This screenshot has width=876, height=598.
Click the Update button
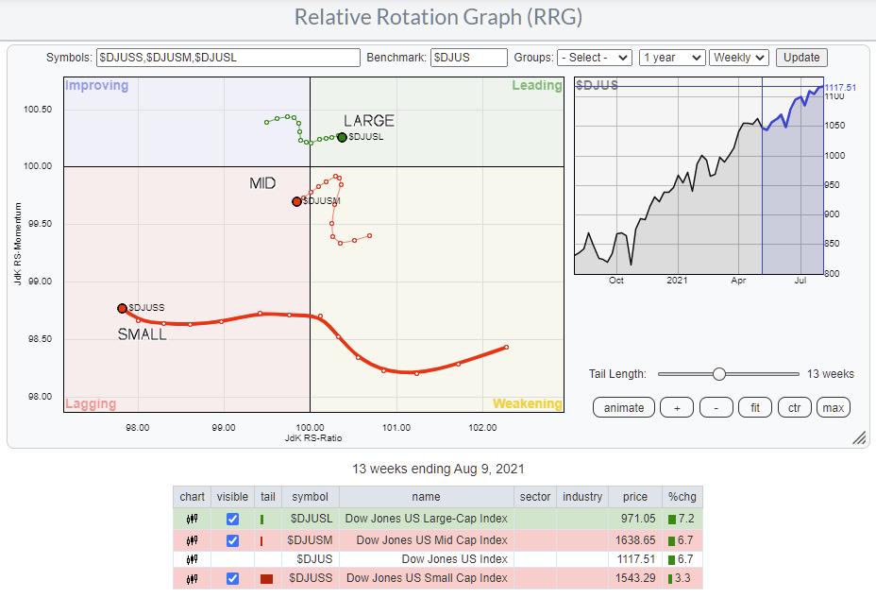point(801,58)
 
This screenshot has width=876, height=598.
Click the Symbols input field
point(228,58)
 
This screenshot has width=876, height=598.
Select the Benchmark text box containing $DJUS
point(469,58)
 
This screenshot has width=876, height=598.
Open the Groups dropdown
point(594,58)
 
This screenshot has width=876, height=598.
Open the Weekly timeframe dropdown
point(739,58)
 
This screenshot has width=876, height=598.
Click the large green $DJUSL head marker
point(342,137)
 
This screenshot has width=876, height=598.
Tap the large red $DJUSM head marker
point(296,201)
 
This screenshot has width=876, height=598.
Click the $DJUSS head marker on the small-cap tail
point(122,308)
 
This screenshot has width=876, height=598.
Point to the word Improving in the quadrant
point(96,86)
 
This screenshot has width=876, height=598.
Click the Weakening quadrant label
point(527,403)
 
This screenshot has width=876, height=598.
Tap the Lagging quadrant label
point(91,403)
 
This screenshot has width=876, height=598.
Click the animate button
point(624,407)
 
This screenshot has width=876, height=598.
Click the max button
point(834,407)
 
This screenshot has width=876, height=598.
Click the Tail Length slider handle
point(718,374)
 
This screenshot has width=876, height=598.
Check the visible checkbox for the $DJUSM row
point(233,540)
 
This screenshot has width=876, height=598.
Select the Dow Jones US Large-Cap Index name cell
point(426,519)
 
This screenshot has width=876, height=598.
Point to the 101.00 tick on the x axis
point(396,427)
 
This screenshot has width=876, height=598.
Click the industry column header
point(581,497)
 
